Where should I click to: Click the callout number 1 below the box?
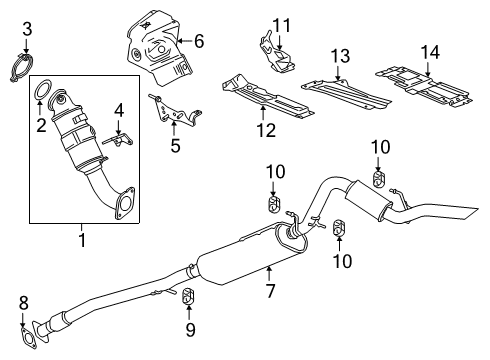pyautogui.click(x=81, y=241)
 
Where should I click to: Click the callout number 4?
pyautogui.click(x=118, y=109)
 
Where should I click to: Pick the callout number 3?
pyautogui.click(x=27, y=27)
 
